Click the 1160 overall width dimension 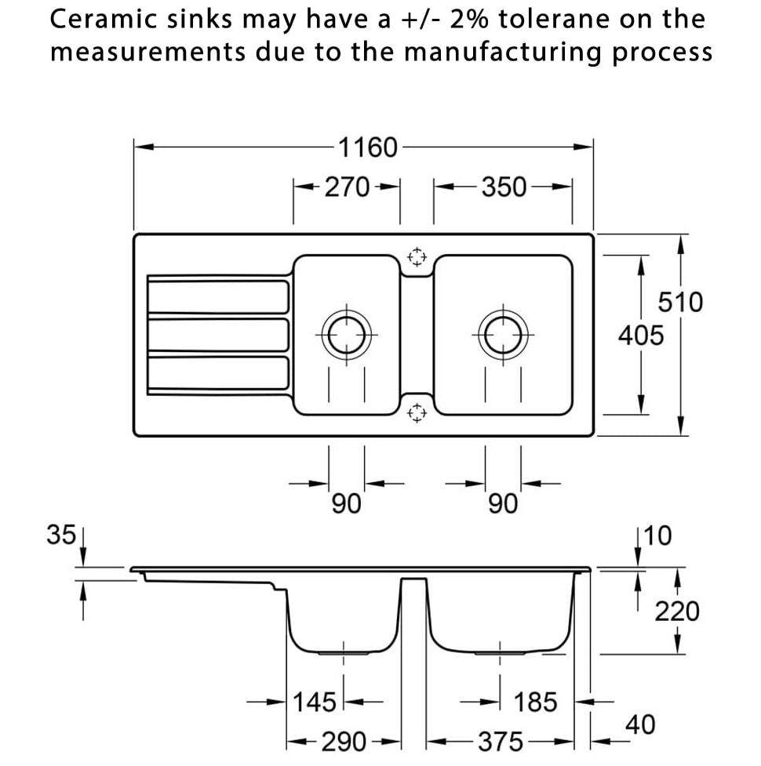[367, 147]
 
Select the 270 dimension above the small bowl [346, 187]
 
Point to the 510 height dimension [679, 302]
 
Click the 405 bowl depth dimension [640, 336]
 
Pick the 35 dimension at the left [61, 535]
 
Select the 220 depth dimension [676, 611]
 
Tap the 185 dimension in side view [536, 701]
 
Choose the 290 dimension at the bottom [344, 741]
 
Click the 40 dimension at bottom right [639, 724]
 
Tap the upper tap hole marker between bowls [416, 256]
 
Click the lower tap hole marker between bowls [416, 412]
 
